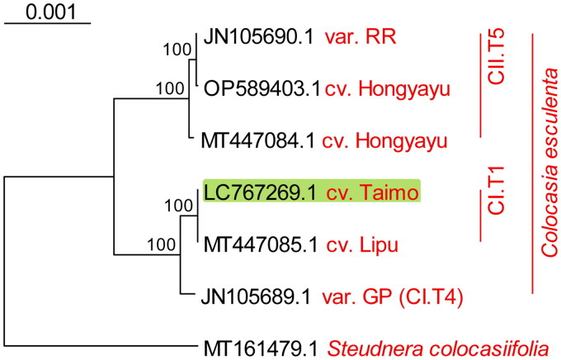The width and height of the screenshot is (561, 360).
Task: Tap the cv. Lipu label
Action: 361,244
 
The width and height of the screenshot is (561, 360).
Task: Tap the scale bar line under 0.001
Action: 47,25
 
